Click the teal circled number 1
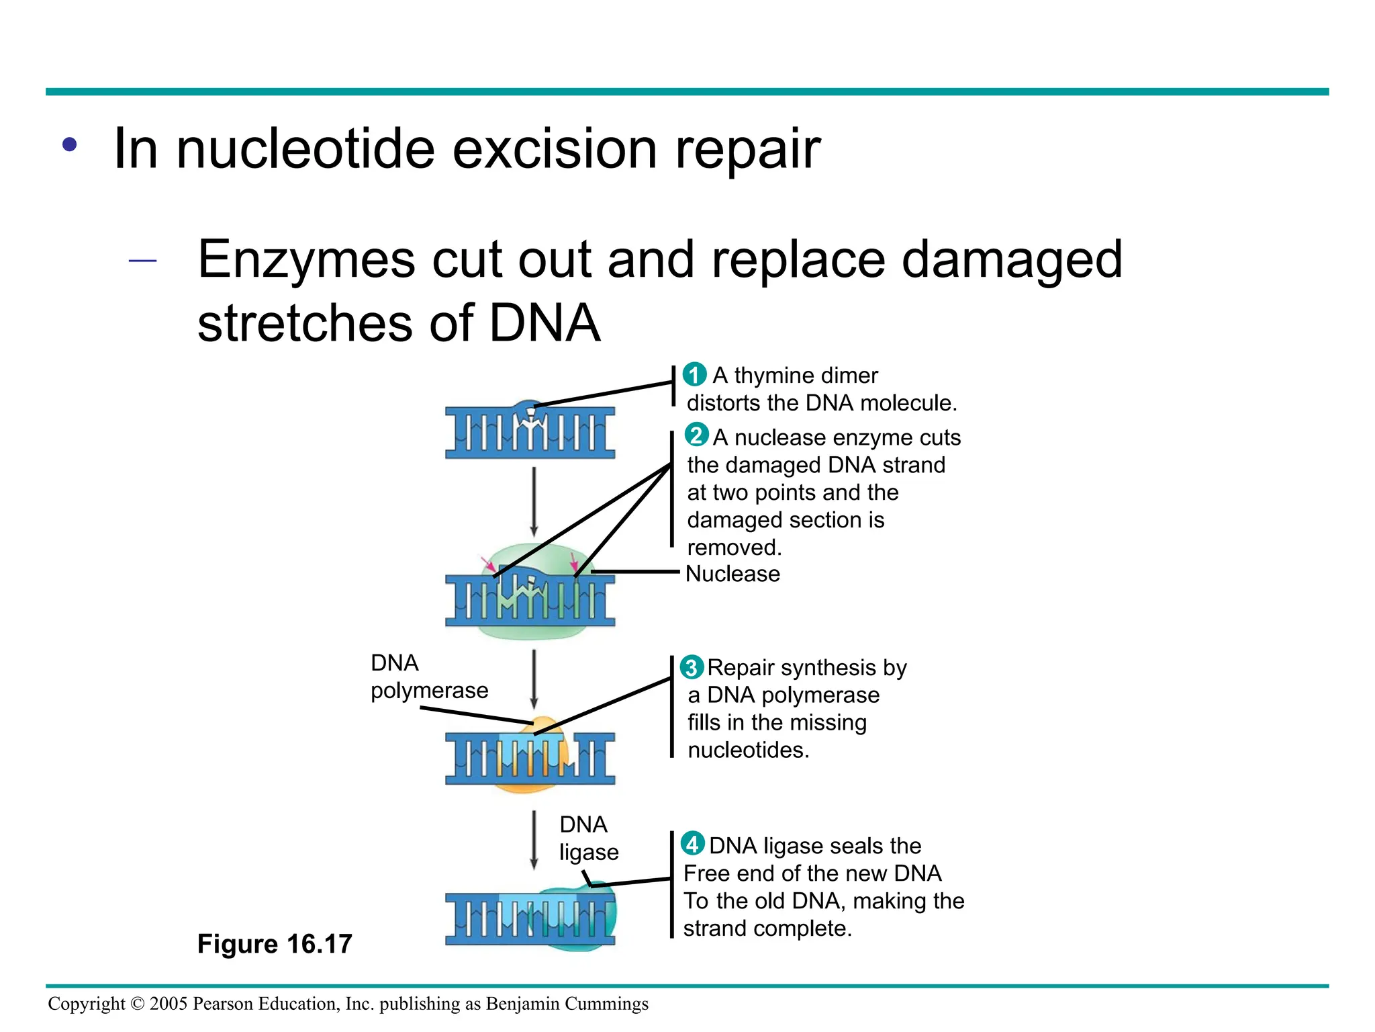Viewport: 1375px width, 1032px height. [x=694, y=374]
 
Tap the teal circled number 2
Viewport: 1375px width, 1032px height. [x=696, y=435]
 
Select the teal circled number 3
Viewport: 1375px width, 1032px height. [x=692, y=667]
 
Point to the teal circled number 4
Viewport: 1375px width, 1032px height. [x=692, y=843]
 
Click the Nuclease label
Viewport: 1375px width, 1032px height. [x=732, y=574]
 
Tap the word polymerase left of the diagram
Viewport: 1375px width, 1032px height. [x=429, y=691]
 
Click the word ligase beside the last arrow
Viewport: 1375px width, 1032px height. [x=589, y=853]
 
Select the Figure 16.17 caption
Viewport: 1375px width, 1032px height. [x=274, y=944]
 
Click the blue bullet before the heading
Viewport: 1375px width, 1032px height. [x=70, y=144]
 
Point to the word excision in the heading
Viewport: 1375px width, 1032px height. [x=555, y=149]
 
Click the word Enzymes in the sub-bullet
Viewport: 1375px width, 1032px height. [x=306, y=260]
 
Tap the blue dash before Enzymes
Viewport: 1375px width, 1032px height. [x=142, y=261]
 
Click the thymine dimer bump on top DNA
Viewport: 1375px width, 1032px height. [x=530, y=407]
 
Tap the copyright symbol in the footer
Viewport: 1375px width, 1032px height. [x=137, y=1004]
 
